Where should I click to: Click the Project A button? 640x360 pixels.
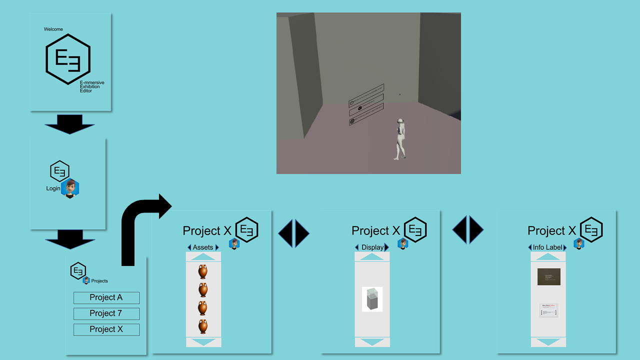click(106, 297)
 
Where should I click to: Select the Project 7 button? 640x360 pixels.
click(106, 313)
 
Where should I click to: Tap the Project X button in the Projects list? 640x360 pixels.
click(106, 329)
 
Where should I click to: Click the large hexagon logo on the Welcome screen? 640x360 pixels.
click(68, 59)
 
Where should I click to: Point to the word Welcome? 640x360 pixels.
click(53, 29)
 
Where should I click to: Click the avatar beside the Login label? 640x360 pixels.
click(70, 188)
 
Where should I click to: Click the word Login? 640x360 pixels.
click(53, 188)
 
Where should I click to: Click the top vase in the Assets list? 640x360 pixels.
click(202, 271)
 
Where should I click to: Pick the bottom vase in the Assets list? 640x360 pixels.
click(202, 326)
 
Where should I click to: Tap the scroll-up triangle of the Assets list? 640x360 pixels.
click(203, 257)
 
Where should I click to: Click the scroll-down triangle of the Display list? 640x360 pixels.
click(372, 342)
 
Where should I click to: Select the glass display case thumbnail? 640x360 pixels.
click(372, 299)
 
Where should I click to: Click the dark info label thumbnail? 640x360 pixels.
click(548, 276)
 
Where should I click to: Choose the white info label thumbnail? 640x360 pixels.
click(548, 310)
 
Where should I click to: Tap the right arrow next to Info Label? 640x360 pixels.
click(565, 247)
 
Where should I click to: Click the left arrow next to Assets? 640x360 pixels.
click(189, 247)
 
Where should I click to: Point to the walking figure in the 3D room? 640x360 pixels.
click(400, 139)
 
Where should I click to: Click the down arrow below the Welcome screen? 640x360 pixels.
click(70, 124)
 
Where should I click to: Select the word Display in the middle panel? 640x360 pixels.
click(372, 247)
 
